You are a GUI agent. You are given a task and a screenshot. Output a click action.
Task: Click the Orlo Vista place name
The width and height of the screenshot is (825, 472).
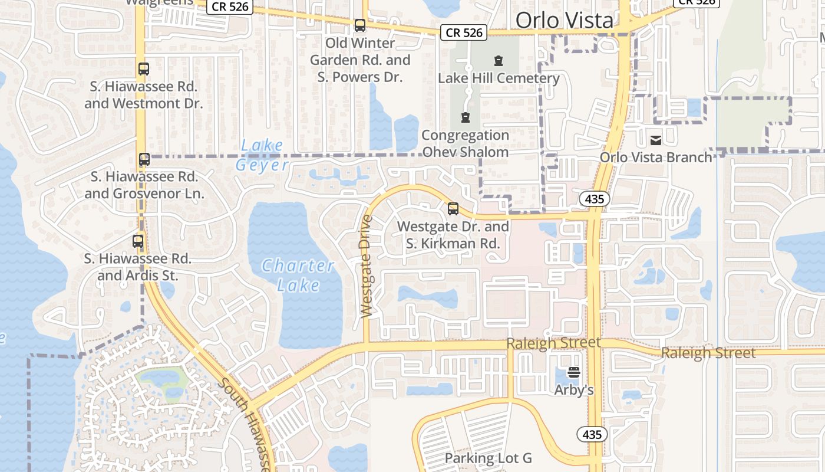click(564, 21)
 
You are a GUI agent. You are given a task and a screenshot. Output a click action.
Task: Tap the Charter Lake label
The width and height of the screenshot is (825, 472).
click(298, 275)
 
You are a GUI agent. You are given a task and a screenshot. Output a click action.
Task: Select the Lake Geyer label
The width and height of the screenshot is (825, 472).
click(262, 155)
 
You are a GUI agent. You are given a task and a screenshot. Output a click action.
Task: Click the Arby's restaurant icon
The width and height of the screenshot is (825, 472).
click(574, 372)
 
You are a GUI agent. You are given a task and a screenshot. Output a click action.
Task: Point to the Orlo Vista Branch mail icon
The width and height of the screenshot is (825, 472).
click(655, 140)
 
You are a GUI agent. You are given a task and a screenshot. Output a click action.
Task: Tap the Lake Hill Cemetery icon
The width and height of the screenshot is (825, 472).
click(499, 60)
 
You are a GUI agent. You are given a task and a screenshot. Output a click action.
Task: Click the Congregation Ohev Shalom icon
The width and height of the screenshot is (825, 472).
click(466, 117)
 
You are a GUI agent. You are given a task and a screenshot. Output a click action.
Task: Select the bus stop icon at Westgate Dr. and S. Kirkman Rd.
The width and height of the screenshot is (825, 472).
click(453, 208)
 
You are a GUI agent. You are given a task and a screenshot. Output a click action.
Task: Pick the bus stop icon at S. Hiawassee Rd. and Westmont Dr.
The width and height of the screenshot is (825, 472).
click(144, 68)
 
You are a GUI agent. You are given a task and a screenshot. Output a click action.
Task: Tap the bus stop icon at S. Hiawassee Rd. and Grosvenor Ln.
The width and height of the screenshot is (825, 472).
click(144, 159)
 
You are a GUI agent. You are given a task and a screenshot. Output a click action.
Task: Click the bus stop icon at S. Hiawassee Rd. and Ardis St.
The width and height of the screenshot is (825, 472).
click(138, 241)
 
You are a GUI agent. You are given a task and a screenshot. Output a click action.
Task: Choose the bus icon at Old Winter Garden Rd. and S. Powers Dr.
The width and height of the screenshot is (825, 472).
click(359, 25)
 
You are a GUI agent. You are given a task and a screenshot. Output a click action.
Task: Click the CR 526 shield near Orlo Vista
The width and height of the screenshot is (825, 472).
click(464, 33)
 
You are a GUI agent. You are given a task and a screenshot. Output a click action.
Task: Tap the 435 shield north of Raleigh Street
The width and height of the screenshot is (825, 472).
click(594, 199)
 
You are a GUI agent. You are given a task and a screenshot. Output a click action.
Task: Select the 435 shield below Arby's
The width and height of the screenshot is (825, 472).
click(592, 434)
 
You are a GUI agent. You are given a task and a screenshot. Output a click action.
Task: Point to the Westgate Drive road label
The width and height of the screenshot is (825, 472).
click(367, 267)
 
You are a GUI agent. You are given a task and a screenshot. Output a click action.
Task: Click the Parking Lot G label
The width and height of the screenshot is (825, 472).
click(488, 458)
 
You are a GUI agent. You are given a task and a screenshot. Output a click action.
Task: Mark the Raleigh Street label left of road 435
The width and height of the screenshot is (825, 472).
click(553, 343)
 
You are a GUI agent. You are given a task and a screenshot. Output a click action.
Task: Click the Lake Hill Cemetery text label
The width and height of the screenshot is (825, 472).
click(499, 78)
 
